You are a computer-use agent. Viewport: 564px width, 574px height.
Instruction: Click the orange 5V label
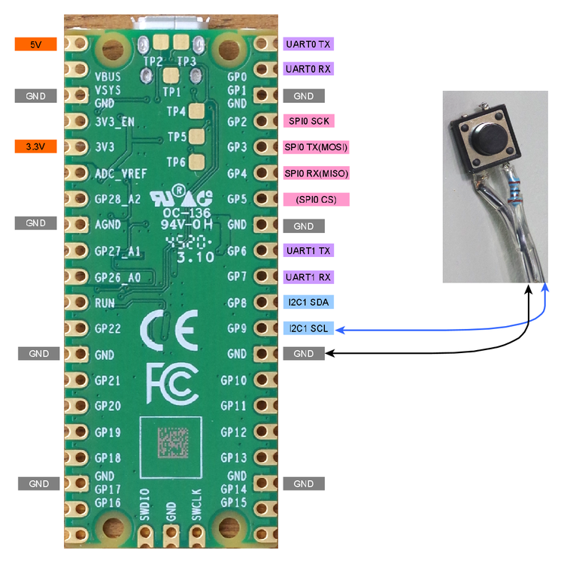36,44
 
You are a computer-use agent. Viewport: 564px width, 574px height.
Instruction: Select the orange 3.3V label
36,147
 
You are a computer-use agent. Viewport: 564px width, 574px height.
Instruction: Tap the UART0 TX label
308,44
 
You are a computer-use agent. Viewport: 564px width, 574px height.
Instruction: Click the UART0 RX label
308,69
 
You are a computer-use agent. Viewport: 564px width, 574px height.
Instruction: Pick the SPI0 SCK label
308,121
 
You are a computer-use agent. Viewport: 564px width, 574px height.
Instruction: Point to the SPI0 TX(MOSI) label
317,147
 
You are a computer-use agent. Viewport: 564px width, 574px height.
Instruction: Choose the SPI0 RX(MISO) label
317,174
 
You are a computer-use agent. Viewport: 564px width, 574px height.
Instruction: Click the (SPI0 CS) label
317,200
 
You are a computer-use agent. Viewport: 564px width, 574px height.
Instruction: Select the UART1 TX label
308,250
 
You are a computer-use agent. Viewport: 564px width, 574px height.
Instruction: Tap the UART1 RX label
308,277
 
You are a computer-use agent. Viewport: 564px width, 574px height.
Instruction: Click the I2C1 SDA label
309,303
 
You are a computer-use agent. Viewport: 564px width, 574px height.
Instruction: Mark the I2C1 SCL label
309,329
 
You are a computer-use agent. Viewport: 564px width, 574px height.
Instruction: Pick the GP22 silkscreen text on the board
109,328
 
